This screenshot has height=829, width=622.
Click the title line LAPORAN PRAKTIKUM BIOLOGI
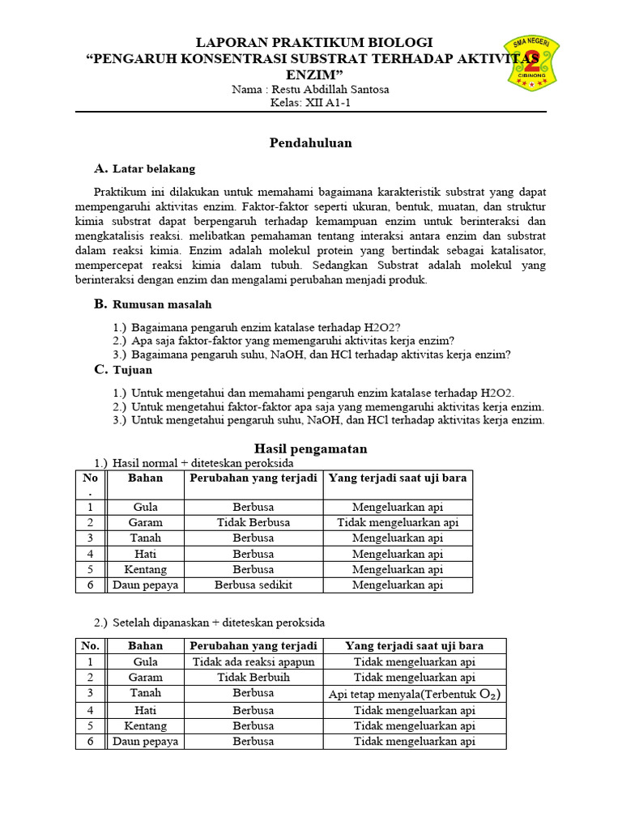pos(316,42)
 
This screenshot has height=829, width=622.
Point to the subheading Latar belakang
pos(153,169)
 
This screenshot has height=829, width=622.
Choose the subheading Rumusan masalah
pos(161,304)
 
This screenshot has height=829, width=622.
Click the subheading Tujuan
pos(132,370)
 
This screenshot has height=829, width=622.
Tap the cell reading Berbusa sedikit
pos(253,585)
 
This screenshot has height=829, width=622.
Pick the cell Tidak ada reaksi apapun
pos(253,661)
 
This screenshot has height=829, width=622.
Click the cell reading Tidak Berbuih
pos(253,677)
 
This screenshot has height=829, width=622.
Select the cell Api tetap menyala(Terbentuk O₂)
pos(414,694)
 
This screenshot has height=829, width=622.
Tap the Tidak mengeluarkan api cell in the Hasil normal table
pos(398,522)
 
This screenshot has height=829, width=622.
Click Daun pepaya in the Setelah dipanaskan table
pos(145,741)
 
